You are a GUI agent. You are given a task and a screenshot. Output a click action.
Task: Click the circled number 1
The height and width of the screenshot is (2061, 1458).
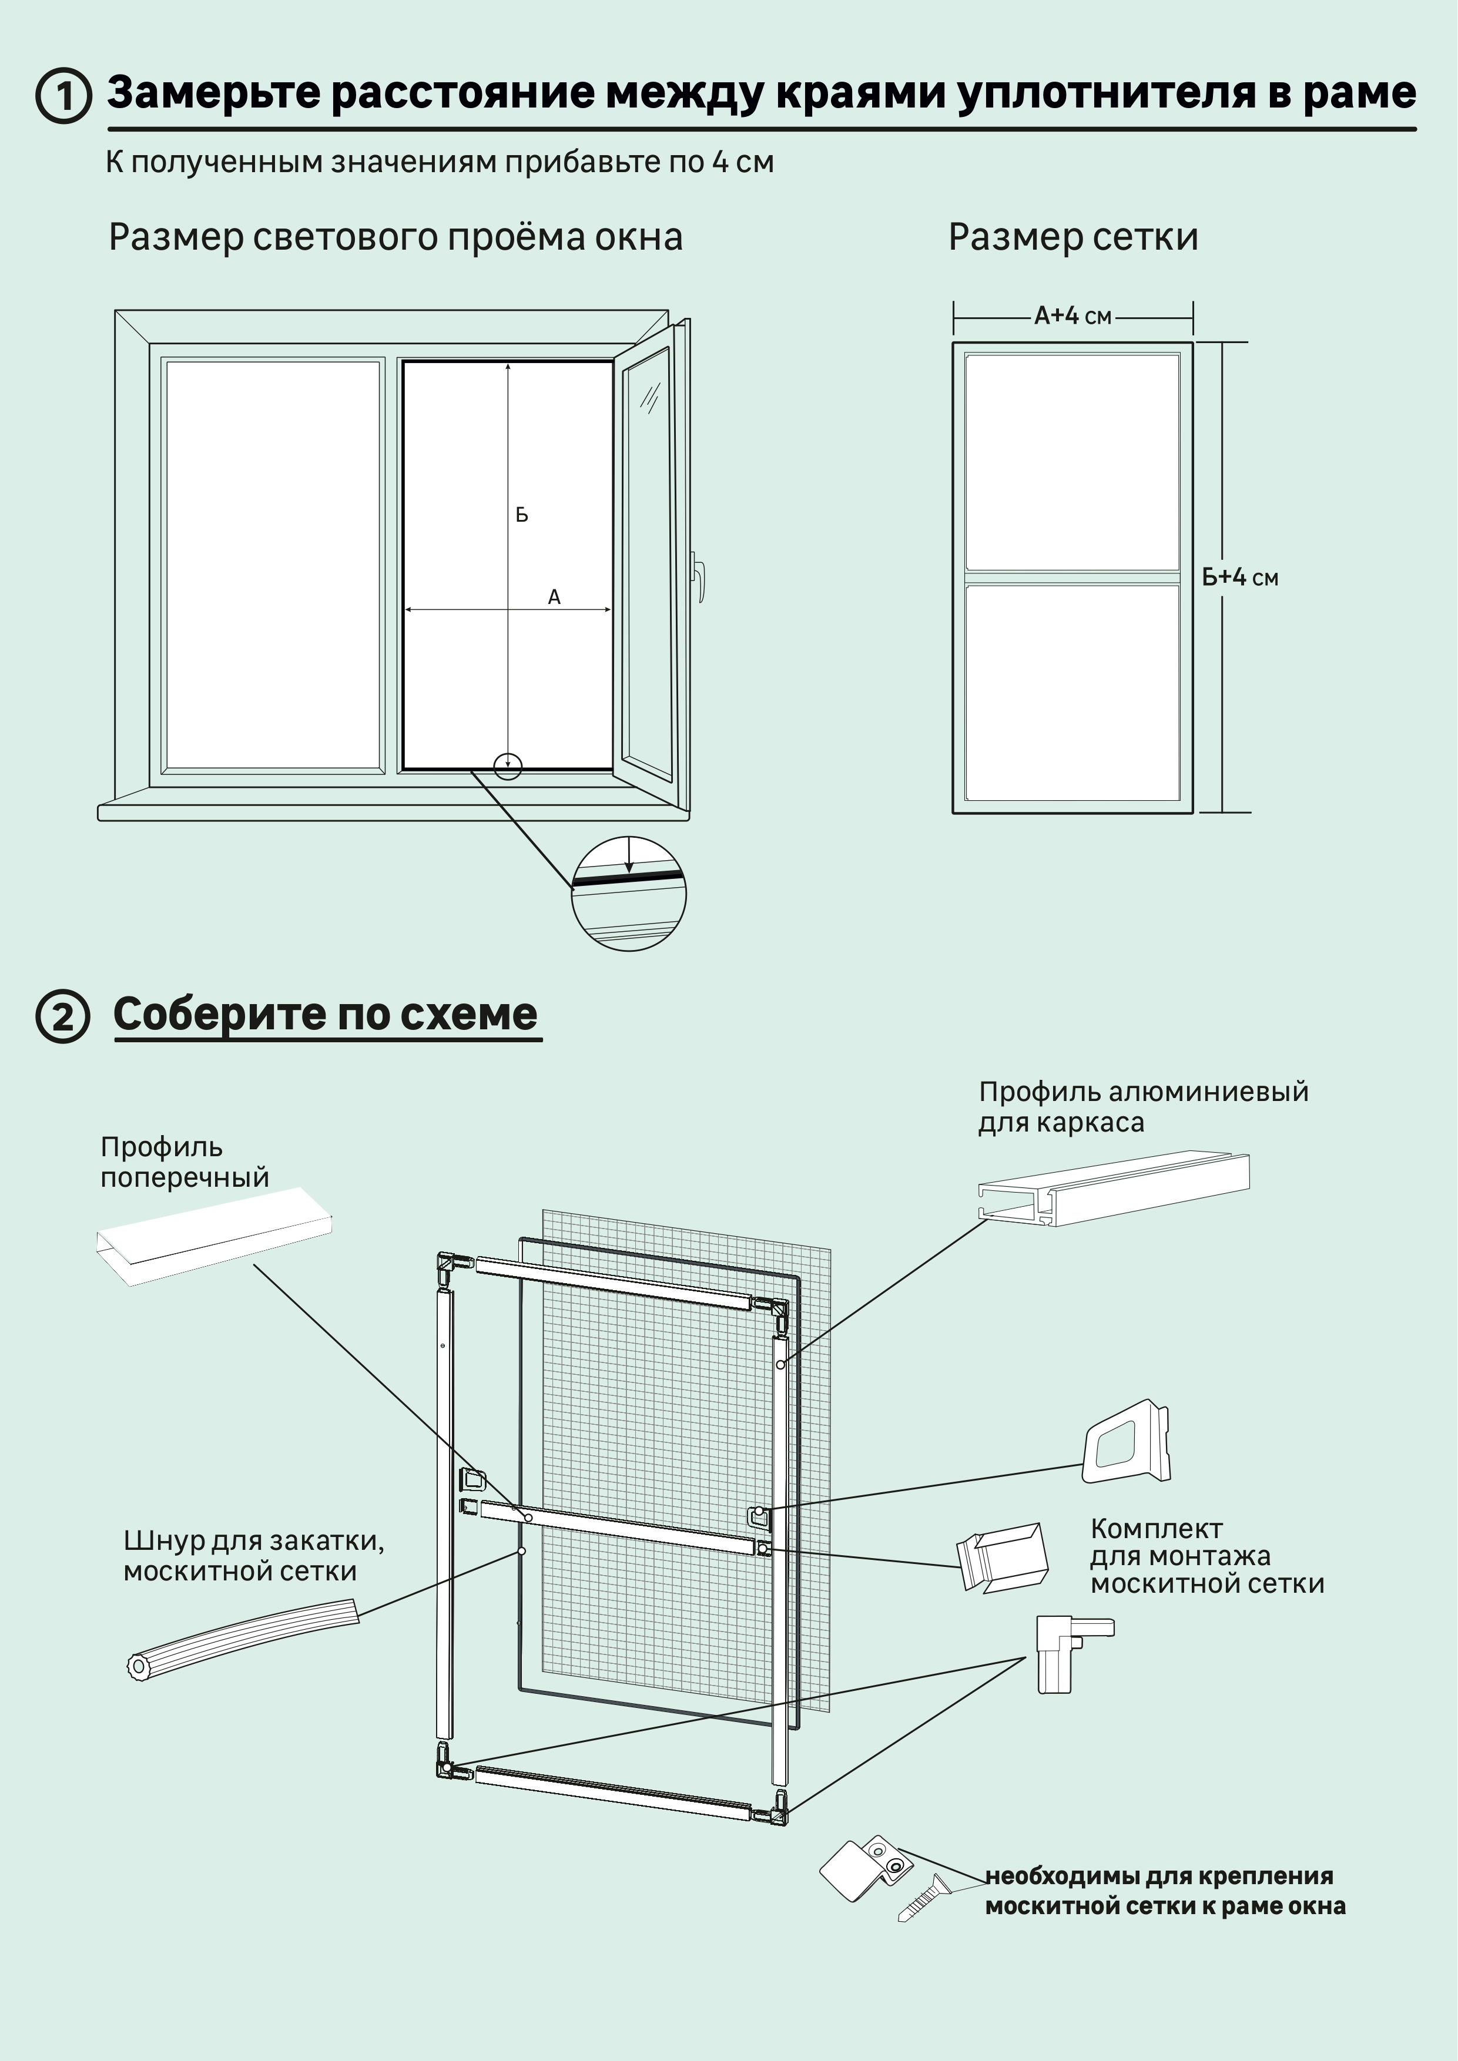coord(63,95)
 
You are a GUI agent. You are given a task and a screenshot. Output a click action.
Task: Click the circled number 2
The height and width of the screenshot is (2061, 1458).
coord(63,1017)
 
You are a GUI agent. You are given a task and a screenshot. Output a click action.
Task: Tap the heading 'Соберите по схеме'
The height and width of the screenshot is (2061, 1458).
coord(325,1014)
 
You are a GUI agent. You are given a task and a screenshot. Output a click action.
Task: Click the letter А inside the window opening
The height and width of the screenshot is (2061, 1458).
coord(554,597)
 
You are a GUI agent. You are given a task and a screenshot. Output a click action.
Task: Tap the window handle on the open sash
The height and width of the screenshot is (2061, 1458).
coord(699,575)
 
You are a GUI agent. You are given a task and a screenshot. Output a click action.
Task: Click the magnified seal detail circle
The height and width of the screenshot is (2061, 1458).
coord(628,893)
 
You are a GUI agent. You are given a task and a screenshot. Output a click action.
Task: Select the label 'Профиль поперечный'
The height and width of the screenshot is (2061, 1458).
coord(184,1162)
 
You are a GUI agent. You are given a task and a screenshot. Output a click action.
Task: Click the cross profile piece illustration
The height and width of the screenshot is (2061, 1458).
coord(214,1235)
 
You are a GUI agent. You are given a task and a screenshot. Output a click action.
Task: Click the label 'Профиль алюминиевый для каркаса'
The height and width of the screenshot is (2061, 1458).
coord(1142,1107)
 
